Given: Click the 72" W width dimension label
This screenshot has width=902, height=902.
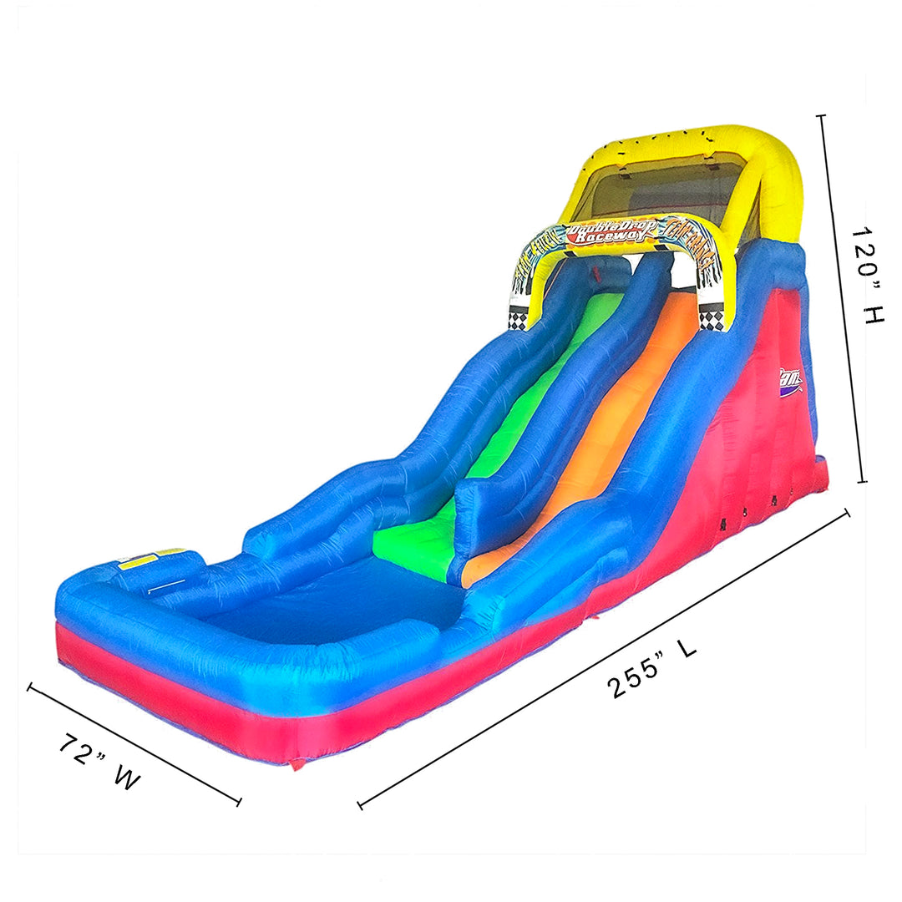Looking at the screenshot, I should tap(99, 762).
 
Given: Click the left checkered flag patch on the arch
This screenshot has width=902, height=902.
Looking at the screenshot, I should tap(519, 317).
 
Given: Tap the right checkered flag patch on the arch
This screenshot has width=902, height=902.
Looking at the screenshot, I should tap(712, 317).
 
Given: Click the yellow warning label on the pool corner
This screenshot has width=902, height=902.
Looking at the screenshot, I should tap(150, 559).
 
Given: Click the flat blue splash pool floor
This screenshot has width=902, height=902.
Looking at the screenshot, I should tap(334, 601).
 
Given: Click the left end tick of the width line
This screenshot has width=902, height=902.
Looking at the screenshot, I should tap(30, 687).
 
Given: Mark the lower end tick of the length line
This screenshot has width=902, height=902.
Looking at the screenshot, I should tap(360, 805).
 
